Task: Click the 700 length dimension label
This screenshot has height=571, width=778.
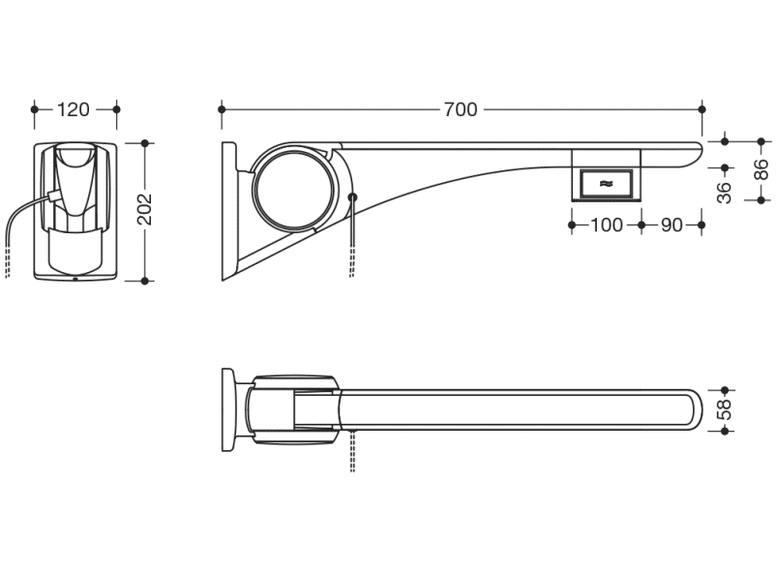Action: pos(461,109)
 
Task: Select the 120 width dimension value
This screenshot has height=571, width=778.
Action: pos(74,109)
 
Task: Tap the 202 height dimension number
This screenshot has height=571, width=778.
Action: pos(145,209)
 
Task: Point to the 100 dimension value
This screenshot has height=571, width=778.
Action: pos(607,225)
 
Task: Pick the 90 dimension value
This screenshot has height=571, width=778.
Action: pos(672,225)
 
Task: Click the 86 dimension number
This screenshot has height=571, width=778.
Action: pos(761,169)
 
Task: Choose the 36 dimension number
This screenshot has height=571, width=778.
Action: pos(725,193)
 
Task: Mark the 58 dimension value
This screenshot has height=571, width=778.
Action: pos(725,409)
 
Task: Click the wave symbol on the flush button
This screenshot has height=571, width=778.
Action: pos(606,184)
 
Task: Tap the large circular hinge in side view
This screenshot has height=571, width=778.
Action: pos(254,189)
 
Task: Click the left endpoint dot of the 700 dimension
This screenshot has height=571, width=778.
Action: pos(222,109)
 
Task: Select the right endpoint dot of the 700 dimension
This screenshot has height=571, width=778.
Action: pos(702,109)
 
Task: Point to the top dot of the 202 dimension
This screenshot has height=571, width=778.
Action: pos(145,143)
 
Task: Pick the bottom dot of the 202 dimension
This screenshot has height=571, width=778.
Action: pos(145,281)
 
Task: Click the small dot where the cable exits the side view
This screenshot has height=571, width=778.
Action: pos(352,197)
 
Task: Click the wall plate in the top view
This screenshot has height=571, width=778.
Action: pos(227,409)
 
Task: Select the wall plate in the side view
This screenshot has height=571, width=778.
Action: pos(228,211)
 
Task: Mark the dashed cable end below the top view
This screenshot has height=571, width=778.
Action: pos(352,451)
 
